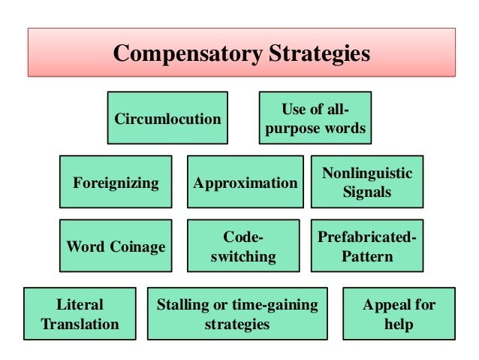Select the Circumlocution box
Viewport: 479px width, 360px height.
pos(167,118)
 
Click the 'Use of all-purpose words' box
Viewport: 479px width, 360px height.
pos(315,118)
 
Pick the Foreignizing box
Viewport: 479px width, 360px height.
pos(116,182)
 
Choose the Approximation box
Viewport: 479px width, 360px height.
pos(245,182)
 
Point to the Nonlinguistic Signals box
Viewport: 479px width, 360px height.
pos(367,182)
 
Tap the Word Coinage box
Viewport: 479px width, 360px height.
pos(116,246)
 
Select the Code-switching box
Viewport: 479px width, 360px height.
pos(243,246)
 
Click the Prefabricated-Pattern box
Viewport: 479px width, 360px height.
pos(367,246)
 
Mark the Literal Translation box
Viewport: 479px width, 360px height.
pos(80,314)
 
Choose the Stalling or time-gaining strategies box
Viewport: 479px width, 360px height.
pos(236,314)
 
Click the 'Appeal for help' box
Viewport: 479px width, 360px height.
pos(399,314)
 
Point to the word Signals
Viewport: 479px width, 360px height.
pos(367,192)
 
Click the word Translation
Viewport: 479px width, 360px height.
pos(80,324)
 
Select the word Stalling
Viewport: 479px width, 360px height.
pos(184,304)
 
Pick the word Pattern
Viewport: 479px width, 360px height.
pos(367,256)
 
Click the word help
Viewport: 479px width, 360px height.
pos(399,324)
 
